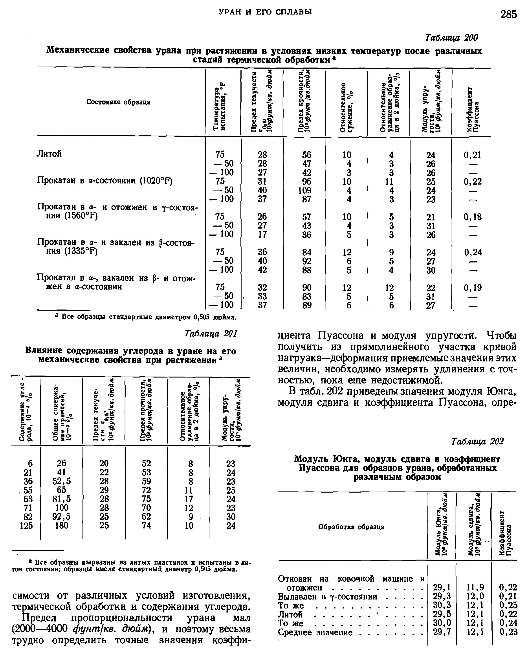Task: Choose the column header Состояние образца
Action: [x=118, y=102]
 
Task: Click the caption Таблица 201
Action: [x=211, y=334]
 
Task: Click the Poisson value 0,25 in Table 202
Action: [x=508, y=604]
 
